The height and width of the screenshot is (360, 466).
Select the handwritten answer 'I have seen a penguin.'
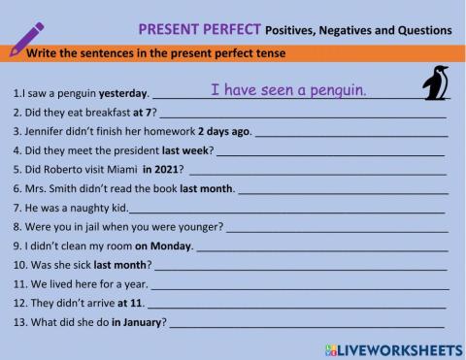point(288,90)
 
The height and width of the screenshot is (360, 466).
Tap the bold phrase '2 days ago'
point(224,132)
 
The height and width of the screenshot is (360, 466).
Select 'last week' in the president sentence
point(185,150)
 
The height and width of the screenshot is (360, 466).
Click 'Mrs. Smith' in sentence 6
point(42,188)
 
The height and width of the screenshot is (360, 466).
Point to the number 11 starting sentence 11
point(19,283)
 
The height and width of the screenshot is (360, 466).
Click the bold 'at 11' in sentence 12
point(130,303)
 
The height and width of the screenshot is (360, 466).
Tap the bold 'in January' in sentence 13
point(138,321)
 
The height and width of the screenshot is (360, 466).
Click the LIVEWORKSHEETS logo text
point(397,346)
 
